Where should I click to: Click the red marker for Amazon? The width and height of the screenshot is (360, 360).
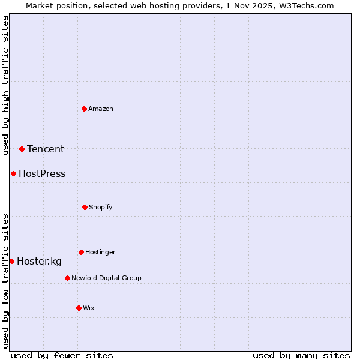point(85,109)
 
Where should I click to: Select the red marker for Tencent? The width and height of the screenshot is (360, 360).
point(22,149)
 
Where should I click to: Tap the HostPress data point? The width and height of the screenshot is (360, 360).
point(13,173)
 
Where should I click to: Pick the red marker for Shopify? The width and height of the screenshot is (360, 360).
point(85,207)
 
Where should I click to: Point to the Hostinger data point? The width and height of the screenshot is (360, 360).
point(81,252)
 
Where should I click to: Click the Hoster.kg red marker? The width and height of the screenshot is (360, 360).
point(11,261)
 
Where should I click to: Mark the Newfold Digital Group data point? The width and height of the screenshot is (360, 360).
point(67,278)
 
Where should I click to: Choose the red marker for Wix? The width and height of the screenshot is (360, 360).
point(79,308)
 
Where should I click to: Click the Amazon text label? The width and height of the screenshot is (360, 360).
point(101,109)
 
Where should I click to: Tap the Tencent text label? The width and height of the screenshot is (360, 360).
point(46,149)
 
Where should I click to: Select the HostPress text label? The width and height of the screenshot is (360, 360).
point(42,174)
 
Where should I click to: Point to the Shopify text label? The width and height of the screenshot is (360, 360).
point(101,207)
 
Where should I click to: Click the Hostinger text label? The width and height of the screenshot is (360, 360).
point(100,252)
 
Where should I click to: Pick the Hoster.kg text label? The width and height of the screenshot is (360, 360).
point(39,261)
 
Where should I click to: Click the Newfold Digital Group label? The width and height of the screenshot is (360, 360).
point(106,278)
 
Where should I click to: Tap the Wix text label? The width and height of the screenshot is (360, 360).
point(89,308)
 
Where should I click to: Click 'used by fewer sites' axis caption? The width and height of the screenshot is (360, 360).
point(62,355)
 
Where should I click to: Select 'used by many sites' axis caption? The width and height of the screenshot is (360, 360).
point(301,355)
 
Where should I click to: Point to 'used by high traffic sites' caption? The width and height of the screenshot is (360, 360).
point(5,85)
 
